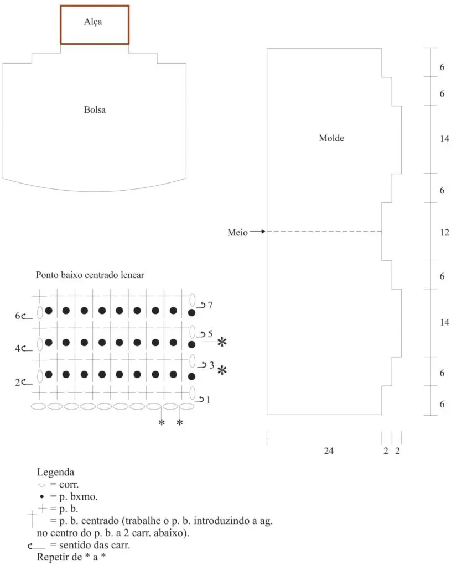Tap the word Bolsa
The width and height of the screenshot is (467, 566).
(95, 110)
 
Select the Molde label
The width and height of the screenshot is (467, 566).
(331, 138)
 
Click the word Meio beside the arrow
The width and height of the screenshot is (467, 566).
(237, 233)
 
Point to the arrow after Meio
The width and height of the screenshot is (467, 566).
(258, 232)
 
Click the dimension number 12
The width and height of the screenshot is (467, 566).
(444, 233)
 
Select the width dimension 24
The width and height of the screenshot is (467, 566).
(329, 451)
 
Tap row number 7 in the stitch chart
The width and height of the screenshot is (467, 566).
(210, 305)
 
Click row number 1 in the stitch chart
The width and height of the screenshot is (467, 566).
(208, 400)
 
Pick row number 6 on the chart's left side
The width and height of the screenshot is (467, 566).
(18, 316)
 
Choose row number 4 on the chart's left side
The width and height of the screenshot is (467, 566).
(18, 348)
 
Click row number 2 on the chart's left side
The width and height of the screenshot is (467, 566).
(18, 382)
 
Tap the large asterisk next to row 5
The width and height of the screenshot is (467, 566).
(222, 342)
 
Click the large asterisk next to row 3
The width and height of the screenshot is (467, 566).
(222, 370)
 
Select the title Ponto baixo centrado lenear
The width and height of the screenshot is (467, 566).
(90, 275)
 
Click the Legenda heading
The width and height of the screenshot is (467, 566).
(55, 472)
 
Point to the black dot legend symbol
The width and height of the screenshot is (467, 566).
(42, 497)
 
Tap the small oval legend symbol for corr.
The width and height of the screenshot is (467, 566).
(41, 485)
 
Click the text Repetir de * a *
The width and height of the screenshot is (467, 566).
(71, 557)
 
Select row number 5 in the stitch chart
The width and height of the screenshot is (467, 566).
(210, 334)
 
